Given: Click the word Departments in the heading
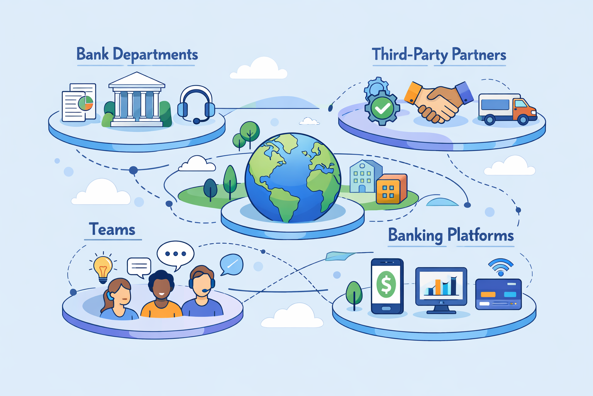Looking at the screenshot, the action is pyautogui.click(x=155, y=55).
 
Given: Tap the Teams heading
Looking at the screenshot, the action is pyautogui.click(x=112, y=229).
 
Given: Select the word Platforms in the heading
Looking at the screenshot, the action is pyautogui.click(x=480, y=235).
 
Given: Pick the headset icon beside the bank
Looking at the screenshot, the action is pyautogui.click(x=196, y=104).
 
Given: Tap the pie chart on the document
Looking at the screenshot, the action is pyautogui.click(x=86, y=103).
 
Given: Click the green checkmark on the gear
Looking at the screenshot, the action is pyautogui.click(x=382, y=108).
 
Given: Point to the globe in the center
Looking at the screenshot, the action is pyautogui.click(x=293, y=178).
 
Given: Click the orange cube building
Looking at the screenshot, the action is pyautogui.click(x=391, y=189).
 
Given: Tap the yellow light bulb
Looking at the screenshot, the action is pyautogui.click(x=103, y=267).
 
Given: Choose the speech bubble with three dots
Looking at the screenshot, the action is pyautogui.click(x=175, y=254).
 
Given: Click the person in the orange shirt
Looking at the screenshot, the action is pyautogui.click(x=161, y=296).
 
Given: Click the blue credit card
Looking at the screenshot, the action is pyautogui.click(x=498, y=294).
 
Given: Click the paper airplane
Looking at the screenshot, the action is pyautogui.click(x=340, y=256).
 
